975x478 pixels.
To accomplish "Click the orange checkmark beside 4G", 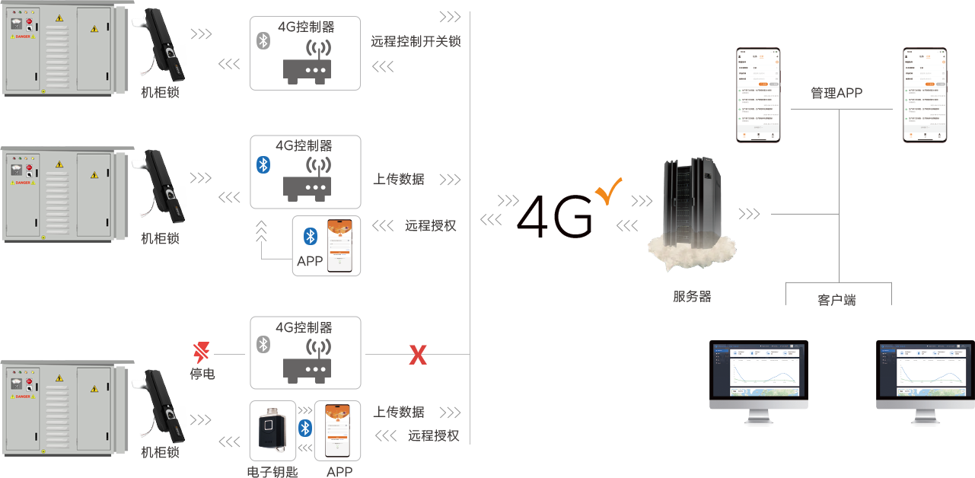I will [609, 190].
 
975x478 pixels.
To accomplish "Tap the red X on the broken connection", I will [418, 354].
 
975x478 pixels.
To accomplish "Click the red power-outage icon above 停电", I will [202, 352].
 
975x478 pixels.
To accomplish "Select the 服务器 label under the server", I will [692, 297].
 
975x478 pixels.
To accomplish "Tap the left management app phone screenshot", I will [759, 95].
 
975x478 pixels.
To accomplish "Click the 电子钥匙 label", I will [272, 472].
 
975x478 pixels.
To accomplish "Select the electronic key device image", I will [272, 430].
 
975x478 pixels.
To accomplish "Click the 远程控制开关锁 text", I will [416, 42].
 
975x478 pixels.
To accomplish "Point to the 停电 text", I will [202, 374].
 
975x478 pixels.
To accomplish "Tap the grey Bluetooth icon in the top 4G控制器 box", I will [263, 41].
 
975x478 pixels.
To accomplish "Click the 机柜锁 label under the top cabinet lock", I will [160, 93].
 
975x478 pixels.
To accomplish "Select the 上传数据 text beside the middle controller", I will [398, 180].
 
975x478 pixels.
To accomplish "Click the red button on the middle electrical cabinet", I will [29, 167].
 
